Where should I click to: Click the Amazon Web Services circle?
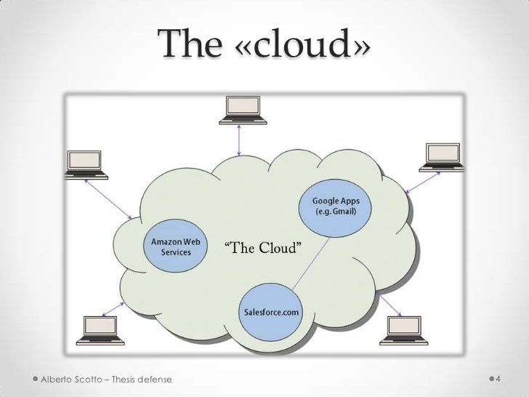(171, 246)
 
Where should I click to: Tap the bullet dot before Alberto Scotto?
(36, 380)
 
